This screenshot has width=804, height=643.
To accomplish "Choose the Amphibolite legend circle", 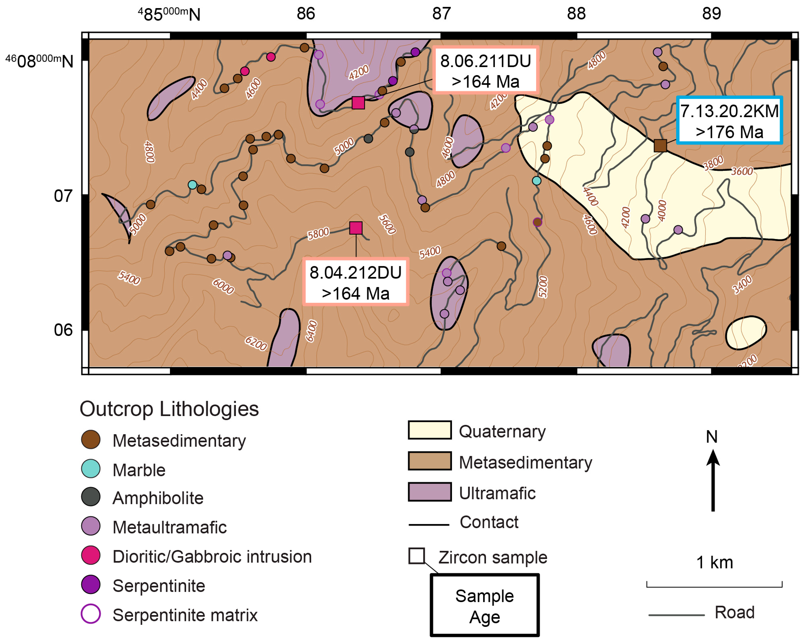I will pos(91,497).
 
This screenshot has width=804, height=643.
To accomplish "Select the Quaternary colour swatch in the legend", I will pos(430,430).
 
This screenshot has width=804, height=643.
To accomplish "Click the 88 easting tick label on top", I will pos(576,14).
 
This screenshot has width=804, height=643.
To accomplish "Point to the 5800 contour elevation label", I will pos(318,234).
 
